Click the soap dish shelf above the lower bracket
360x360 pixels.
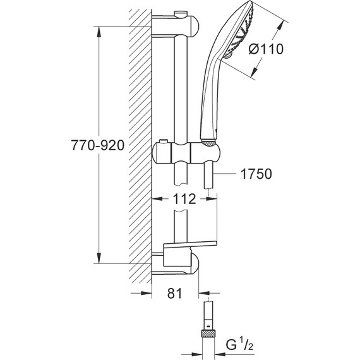point(189,246)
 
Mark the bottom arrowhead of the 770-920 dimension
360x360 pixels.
point(97,259)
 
